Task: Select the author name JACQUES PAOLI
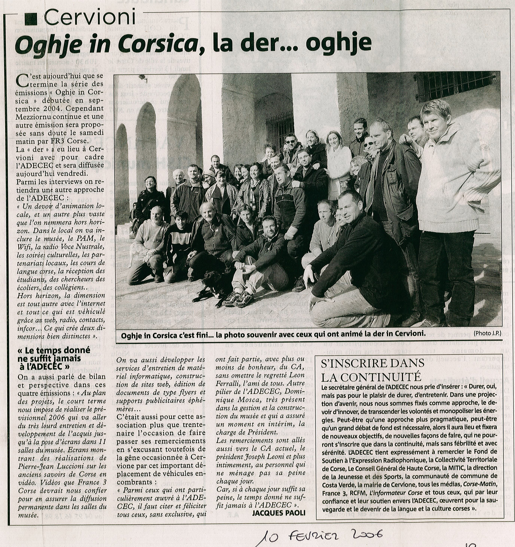click(279, 513)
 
